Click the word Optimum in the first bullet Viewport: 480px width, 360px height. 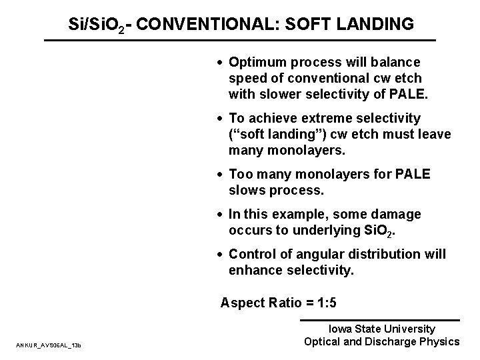point(254,61)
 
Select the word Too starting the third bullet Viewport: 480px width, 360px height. point(240,174)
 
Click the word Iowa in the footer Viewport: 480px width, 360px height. point(344,329)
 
